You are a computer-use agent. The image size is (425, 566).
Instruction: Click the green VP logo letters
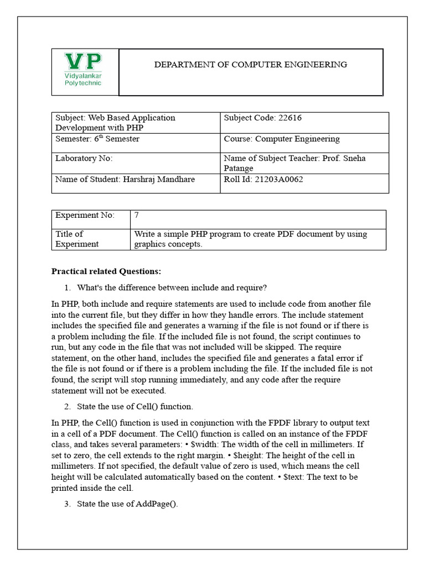point(83,61)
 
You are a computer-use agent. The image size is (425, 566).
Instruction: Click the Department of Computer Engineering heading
point(250,65)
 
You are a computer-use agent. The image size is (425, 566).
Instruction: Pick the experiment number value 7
point(137,215)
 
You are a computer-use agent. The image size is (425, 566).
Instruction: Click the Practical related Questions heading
point(106,271)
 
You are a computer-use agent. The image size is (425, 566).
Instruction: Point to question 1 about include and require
point(172,287)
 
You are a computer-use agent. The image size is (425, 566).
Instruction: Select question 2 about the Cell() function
point(135,407)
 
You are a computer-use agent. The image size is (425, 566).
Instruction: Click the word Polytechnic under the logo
point(83,83)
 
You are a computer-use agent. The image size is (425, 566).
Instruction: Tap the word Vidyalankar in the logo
point(83,75)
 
